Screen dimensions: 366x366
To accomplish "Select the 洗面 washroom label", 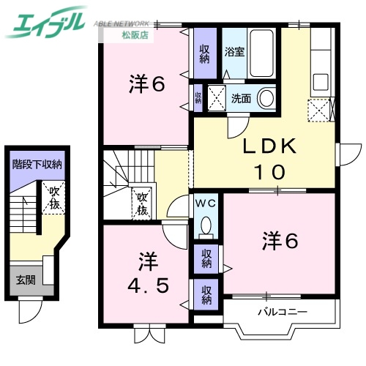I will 241,97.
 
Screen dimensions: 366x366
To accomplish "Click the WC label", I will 204,203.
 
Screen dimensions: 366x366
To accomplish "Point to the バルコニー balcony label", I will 282,313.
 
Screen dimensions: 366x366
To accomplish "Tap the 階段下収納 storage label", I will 37,165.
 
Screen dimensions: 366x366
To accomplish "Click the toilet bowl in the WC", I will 206,225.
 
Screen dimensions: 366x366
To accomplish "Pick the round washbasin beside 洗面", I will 266,97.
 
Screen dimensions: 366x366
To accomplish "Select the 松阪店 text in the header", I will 132,34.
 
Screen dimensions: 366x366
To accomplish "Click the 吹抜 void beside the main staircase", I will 141,203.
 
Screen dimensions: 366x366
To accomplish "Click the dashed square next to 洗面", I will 217,97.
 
